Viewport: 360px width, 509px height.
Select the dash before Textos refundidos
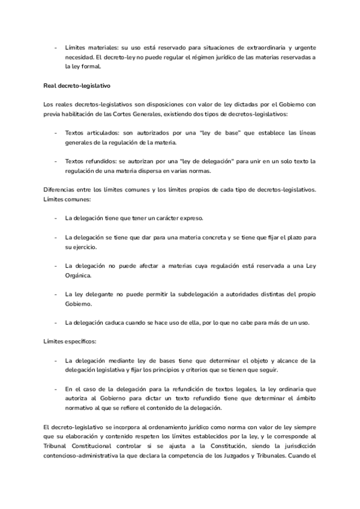56,163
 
